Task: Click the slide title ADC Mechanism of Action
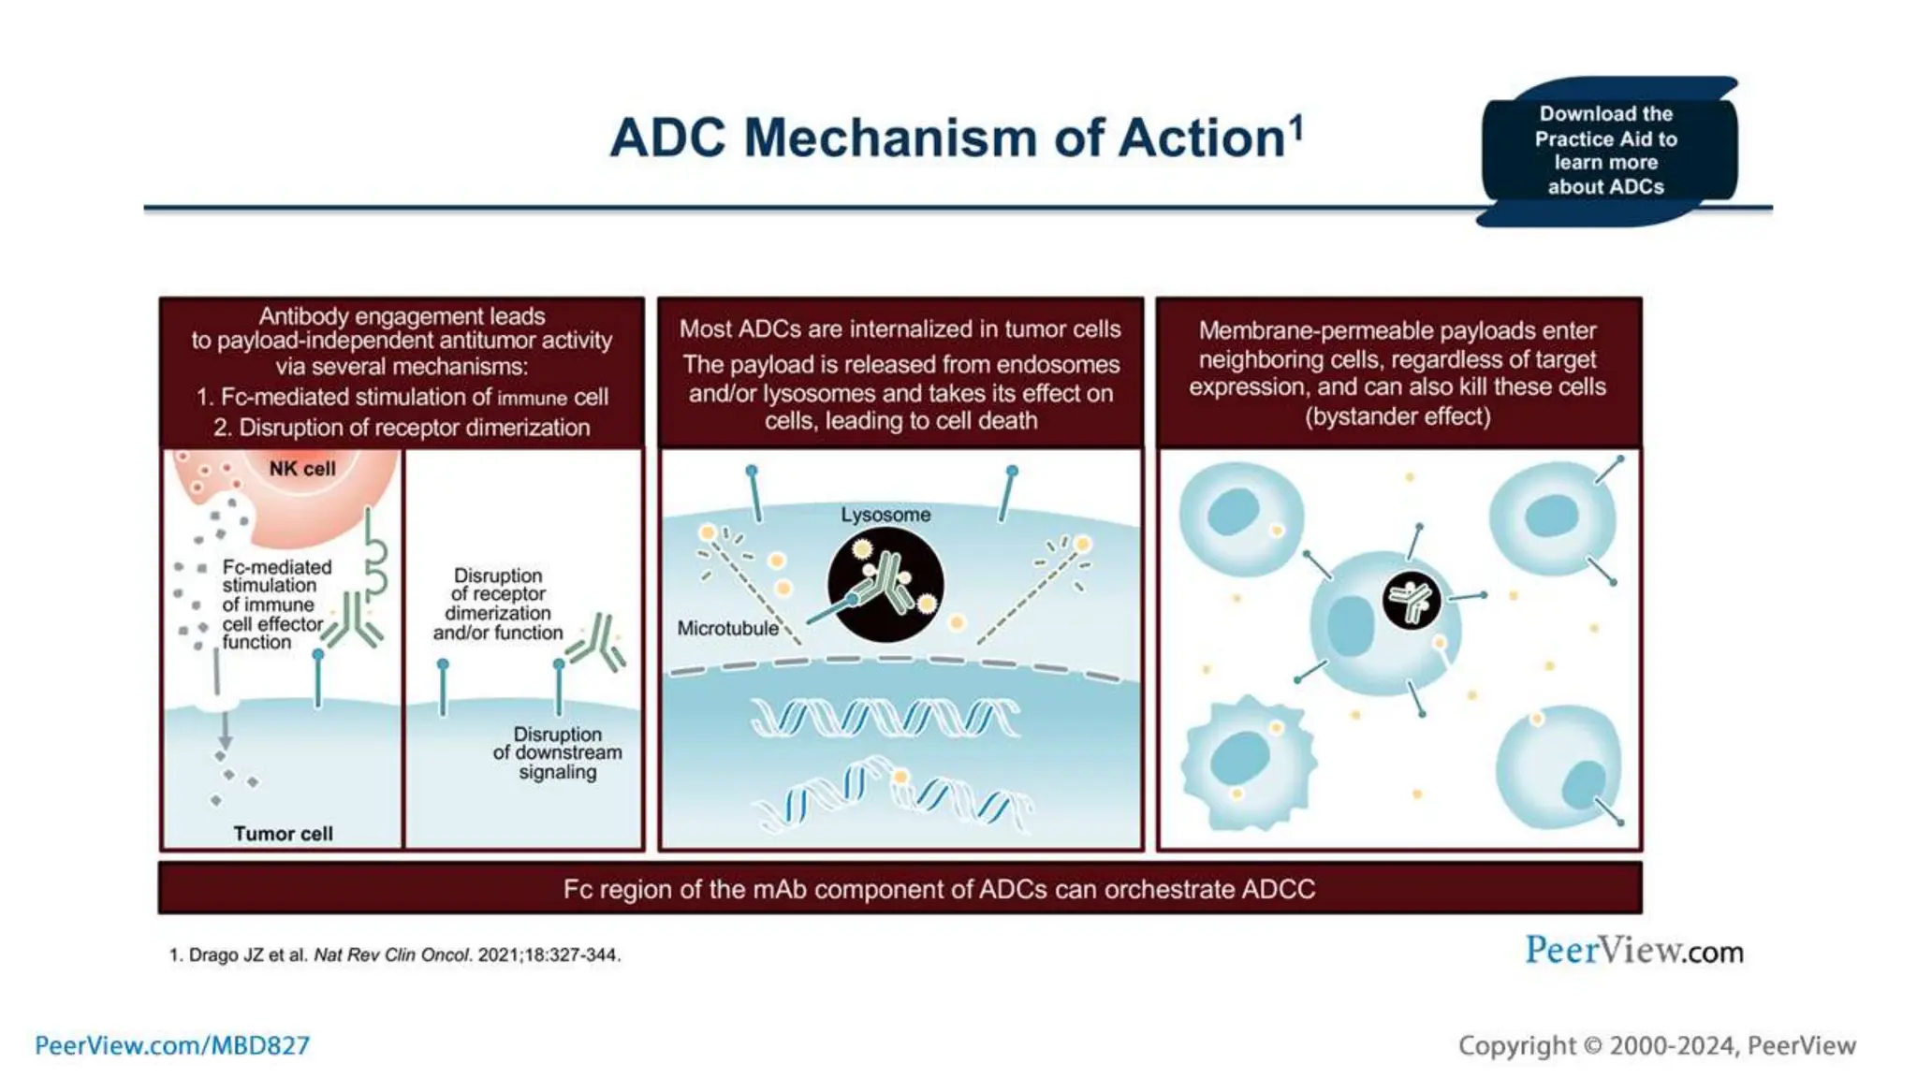tap(955, 138)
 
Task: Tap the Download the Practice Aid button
tap(1605, 151)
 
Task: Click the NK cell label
tap(301, 469)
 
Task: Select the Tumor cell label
tap(283, 833)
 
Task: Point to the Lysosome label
tap(885, 515)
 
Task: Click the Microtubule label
tap(727, 629)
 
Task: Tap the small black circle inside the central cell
tap(1412, 600)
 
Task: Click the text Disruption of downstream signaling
tap(558, 752)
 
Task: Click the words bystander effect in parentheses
tap(1398, 416)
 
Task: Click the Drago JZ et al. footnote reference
tap(394, 954)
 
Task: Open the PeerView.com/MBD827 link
tap(172, 1045)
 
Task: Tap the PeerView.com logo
tap(1633, 951)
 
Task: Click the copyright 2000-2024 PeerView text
tap(1657, 1045)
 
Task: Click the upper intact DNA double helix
tap(885, 718)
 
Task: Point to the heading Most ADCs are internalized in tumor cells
tap(900, 329)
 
